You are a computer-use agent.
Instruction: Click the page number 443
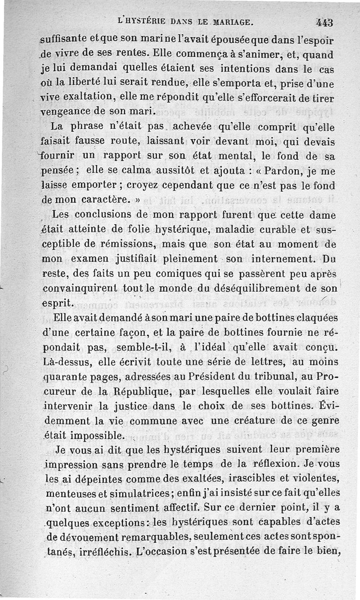coord(324,22)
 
